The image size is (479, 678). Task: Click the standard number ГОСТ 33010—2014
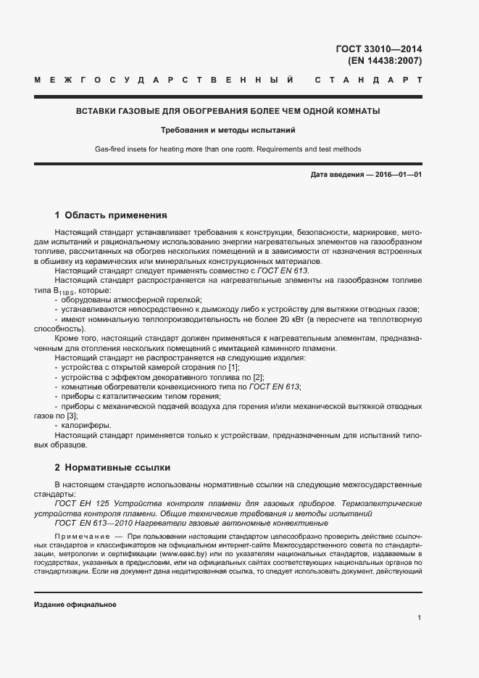coord(379,49)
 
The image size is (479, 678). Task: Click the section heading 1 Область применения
coord(111,215)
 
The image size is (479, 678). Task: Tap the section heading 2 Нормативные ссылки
coord(112,468)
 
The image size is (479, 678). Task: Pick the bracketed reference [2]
coord(259,377)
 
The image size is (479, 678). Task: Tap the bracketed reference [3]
coord(72,416)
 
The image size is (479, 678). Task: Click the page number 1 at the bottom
coord(420,617)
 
